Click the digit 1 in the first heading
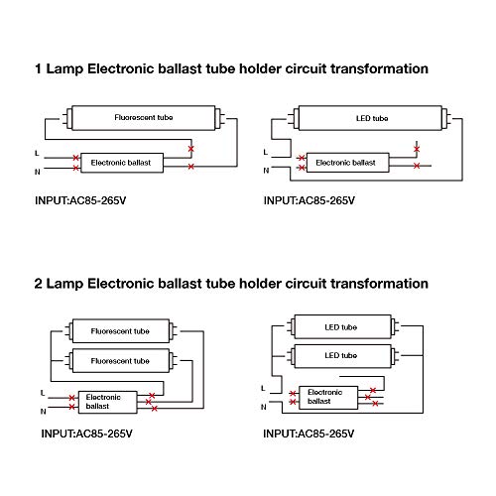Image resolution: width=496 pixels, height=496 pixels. [x=39, y=69]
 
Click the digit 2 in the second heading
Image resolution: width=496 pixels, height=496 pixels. [x=39, y=284]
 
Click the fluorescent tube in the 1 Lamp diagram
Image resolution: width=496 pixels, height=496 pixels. [x=144, y=118]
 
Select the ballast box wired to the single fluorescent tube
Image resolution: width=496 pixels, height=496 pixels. [x=122, y=163]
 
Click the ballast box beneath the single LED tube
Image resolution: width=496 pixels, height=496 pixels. [x=347, y=163]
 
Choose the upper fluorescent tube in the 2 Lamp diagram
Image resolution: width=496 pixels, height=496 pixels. [x=121, y=331]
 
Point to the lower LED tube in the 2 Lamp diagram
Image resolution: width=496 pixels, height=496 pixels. [x=342, y=356]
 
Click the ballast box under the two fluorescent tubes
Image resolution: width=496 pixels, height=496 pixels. [x=107, y=402]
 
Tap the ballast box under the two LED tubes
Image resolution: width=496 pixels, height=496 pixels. [x=328, y=398]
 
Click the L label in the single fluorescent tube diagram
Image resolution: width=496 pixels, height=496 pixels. [x=37, y=153]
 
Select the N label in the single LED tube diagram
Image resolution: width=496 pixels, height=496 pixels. [x=266, y=171]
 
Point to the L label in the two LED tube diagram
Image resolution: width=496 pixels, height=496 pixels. [x=263, y=388]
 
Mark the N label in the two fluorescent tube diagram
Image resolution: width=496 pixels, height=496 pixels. [x=44, y=412]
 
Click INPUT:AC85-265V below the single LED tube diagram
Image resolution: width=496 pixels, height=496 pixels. [x=310, y=200]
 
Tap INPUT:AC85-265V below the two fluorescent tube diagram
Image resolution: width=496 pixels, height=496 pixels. [x=86, y=434]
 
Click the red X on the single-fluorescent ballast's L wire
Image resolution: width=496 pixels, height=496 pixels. [x=76, y=158]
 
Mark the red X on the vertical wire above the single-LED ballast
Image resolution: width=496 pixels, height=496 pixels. [x=417, y=149]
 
